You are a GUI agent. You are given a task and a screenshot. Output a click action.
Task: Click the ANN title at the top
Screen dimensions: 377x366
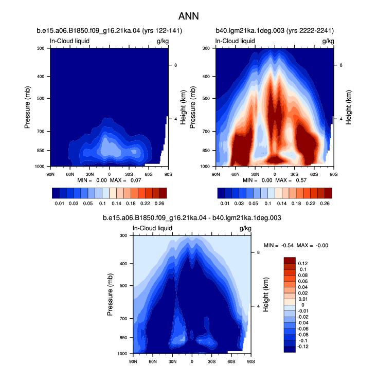tap(188, 16)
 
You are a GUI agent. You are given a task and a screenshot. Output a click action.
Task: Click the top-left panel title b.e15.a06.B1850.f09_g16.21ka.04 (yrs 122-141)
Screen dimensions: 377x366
tap(110, 31)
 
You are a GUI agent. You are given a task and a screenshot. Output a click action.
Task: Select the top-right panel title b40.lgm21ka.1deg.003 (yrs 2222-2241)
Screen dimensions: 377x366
tap(275, 31)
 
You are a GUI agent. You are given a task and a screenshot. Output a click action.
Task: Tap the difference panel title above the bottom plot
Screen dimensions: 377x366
tap(192, 218)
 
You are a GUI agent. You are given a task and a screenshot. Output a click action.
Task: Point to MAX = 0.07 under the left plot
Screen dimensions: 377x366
tap(125, 180)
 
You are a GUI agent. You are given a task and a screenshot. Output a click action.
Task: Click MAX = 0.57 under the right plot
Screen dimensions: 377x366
tap(291, 180)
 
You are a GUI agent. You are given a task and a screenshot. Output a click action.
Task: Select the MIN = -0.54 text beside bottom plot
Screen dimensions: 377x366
tap(279, 245)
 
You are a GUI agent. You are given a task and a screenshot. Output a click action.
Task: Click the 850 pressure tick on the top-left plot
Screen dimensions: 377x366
tap(41, 151)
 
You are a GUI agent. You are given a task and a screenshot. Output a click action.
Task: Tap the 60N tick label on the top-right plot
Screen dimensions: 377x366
tap(236, 174)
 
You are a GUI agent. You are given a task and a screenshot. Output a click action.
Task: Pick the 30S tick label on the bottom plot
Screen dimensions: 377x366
tap(211, 361)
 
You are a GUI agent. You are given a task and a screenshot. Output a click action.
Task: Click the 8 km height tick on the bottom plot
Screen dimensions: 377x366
tap(259, 252)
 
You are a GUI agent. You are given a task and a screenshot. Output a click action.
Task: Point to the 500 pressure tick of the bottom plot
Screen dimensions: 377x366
tap(123, 285)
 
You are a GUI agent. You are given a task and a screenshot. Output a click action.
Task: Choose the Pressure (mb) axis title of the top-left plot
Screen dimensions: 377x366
tap(27, 107)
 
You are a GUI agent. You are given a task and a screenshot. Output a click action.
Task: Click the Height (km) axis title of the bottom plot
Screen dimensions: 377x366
tap(266, 295)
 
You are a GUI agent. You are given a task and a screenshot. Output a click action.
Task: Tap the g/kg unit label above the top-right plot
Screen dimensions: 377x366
tap(328, 41)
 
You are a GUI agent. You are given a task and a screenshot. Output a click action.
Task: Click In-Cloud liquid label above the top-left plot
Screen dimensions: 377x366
tap(70, 41)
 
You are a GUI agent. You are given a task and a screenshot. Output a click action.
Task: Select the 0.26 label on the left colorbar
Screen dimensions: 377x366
tap(159, 204)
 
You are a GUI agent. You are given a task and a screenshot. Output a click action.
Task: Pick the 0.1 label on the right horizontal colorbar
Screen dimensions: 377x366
tap(268, 204)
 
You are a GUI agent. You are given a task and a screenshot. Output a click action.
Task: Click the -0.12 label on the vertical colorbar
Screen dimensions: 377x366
tap(303, 346)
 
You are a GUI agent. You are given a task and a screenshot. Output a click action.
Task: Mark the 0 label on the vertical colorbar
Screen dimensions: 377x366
tap(303, 305)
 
